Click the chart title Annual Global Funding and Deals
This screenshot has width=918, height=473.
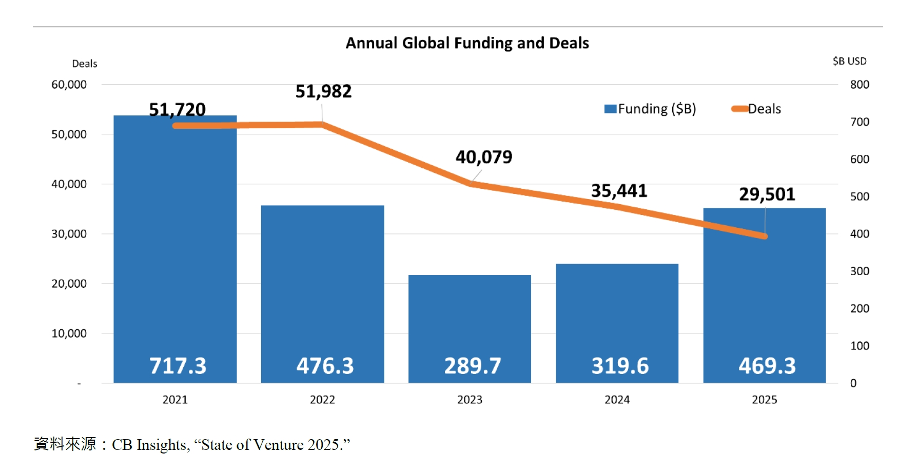click(x=467, y=43)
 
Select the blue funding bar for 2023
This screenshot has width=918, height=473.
click(x=470, y=318)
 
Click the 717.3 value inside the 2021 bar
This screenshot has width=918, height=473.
click(x=178, y=366)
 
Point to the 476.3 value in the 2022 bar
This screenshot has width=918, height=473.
click(x=325, y=366)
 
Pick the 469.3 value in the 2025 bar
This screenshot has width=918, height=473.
click(x=767, y=366)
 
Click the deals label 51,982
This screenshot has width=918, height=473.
click(x=324, y=92)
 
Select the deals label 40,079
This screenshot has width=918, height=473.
click(x=484, y=157)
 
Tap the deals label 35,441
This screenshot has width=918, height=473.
click(x=619, y=191)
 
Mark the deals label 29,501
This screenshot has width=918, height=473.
click(x=767, y=194)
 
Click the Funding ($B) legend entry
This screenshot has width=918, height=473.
click(x=650, y=109)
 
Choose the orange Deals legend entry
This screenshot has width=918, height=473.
click(x=756, y=109)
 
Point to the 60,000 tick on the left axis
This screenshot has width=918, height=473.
click(x=69, y=85)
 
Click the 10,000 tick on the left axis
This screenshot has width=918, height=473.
click(x=69, y=333)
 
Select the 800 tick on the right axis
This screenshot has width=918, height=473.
click(x=860, y=85)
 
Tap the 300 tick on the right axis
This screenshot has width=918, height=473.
click(x=860, y=271)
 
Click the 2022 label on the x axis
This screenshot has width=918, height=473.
click(x=322, y=400)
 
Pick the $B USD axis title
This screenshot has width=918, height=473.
click(x=849, y=61)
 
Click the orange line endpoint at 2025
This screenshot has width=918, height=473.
click(x=765, y=236)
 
